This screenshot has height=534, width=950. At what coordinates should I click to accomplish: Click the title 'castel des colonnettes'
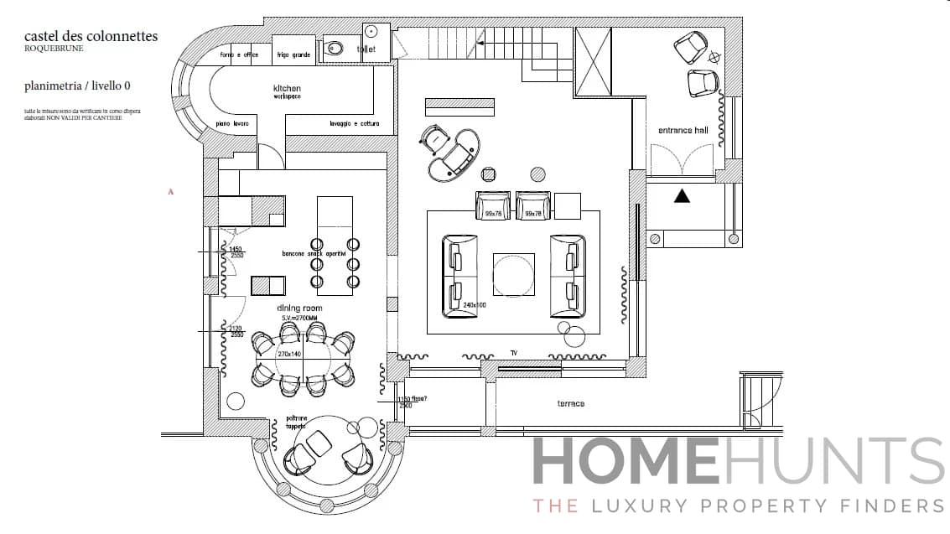click(x=91, y=36)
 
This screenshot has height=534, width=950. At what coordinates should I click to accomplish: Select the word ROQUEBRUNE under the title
click(x=54, y=49)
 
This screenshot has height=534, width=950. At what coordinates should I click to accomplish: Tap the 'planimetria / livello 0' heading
click(x=77, y=86)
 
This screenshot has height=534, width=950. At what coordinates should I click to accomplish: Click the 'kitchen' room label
click(x=286, y=89)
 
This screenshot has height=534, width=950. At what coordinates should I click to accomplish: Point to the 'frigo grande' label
click(x=294, y=55)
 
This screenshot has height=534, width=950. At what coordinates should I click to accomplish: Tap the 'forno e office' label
click(x=239, y=55)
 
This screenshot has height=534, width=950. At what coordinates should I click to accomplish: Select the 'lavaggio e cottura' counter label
click(x=354, y=124)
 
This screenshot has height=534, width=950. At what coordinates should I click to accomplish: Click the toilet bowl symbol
click(x=335, y=49)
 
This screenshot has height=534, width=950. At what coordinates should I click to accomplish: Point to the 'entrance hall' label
click(x=683, y=130)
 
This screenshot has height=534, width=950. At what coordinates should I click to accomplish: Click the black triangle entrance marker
click(x=683, y=196)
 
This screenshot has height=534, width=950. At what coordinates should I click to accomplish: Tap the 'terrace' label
click(x=571, y=404)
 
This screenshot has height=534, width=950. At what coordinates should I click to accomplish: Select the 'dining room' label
click(x=299, y=308)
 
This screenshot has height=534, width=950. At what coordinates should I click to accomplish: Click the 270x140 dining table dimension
click(x=289, y=355)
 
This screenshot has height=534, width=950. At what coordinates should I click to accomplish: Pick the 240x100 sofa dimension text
click(x=475, y=305)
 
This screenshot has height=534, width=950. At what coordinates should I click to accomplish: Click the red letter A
click(x=171, y=192)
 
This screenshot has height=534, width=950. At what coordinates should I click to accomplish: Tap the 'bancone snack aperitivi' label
click(x=314, y=254)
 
